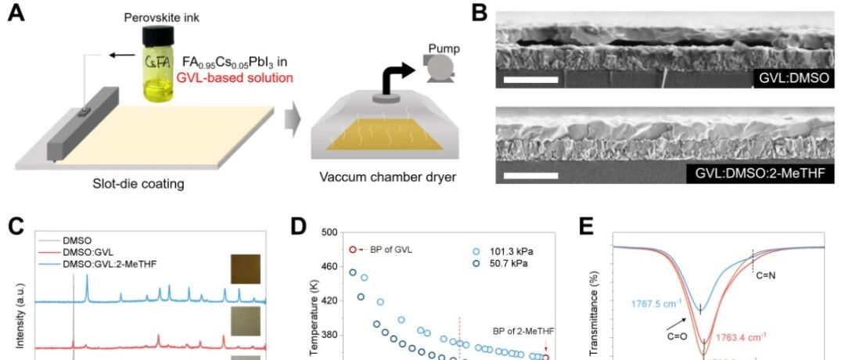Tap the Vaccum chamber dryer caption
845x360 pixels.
[x=388, y=177]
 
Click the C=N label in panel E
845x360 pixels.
[x=767, y=275]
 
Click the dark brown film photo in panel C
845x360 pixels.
[x=244, y=268]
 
